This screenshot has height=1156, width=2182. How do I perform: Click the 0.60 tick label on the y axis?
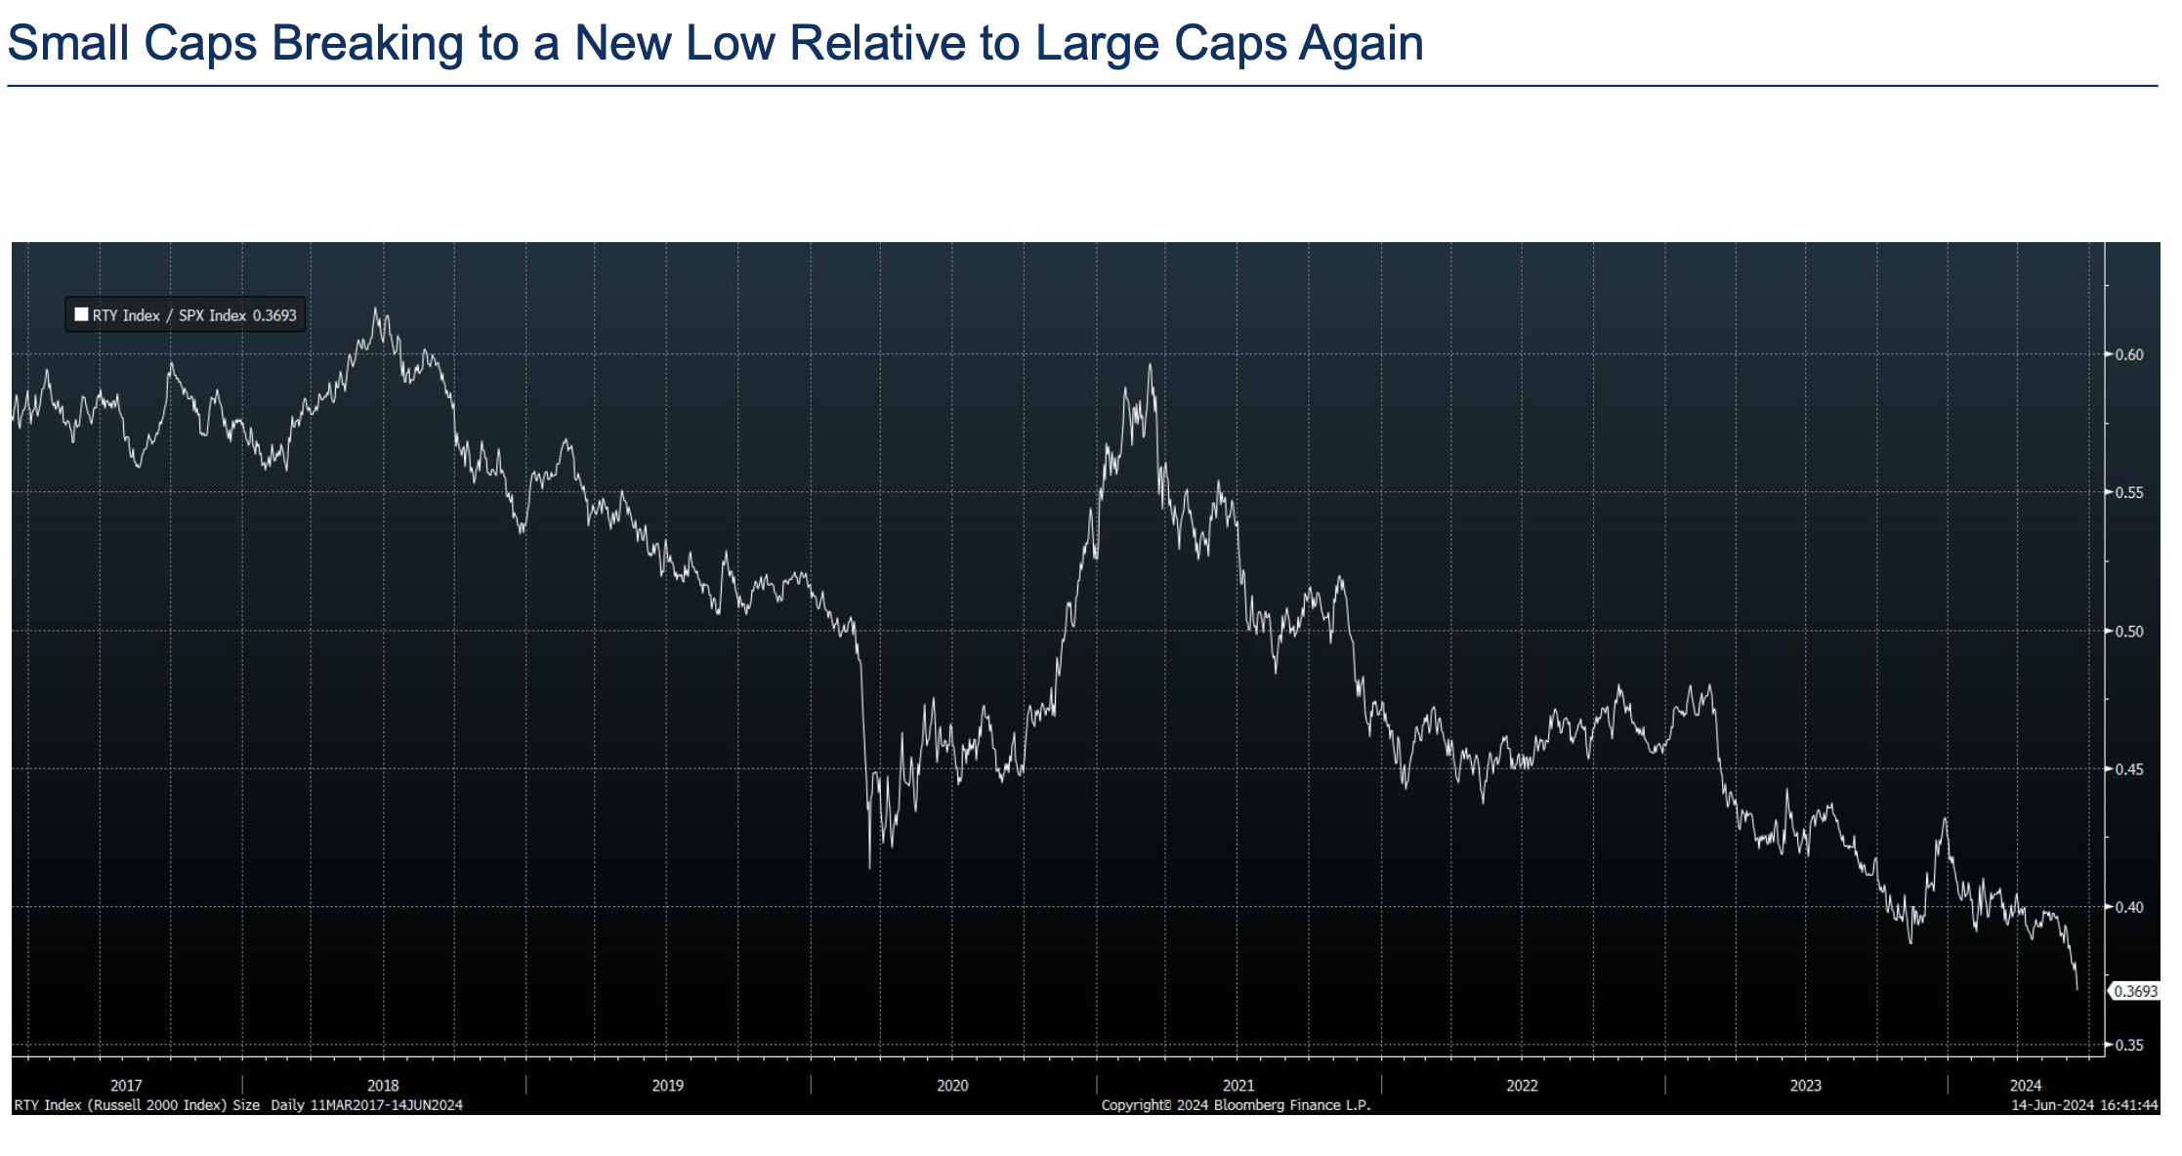pyautogui.click(x=2129, y=354)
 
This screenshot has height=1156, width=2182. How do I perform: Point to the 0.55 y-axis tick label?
pyautogui.click(x=2129, y=492)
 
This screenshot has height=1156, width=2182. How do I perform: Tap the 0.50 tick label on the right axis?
pyautogui.click(x=2129, y=631)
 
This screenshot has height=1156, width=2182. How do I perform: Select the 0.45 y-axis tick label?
pyautogui.click(x=2129, y=769)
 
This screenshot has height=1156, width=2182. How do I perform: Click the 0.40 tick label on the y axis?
pyautogui.click(x=2129, y=907)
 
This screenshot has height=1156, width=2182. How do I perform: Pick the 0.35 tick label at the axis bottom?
pyautogui.click(x=2129, y=1045)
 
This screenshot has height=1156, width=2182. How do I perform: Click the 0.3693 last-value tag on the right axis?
pyautogui.click(x=2135, y=991)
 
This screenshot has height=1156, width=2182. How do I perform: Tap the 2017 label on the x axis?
pyautogui.click(x=126, y=1085)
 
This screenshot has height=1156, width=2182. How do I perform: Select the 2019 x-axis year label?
pyautogui.click(x=668, y=1085)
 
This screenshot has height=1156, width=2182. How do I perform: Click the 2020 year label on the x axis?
pyautogui.click(x=952, y=1085)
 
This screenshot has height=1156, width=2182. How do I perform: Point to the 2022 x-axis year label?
pyautogui.click(x=1522, y=1085)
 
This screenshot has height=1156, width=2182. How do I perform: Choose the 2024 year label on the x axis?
pyautogui.click(x=2026, y=1085)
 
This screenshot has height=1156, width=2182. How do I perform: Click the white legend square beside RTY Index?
pyautogui.click(x=82, y=314)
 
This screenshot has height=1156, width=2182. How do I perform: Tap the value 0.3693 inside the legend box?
pyautogui.click(x=274, y=315)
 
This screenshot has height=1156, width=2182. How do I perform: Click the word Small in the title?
pyautogui.click(x=68, y=44)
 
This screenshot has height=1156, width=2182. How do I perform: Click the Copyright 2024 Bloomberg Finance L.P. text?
pyautogui.click(x=1236, y=1105)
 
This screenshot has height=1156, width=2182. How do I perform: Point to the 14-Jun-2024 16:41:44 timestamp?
pyautogui.click(x=2084, y=1105)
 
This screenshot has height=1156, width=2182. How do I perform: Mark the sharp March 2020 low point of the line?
pyautogui.click(x=869, y=867)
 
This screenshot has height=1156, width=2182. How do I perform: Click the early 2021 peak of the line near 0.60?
pyautogui.click(x=1150, y=365)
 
